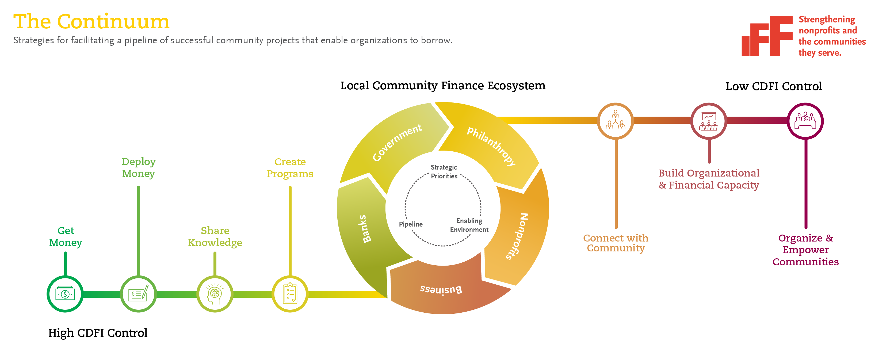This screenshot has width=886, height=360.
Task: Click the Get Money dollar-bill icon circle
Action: pos(65,294)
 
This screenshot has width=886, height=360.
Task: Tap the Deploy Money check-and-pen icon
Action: pos(138,294)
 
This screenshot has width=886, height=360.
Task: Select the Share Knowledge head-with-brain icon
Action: pos(215,294)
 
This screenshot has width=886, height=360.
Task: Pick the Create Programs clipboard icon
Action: pos(290,294)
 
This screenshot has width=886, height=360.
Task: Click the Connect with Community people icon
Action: pos(615,121)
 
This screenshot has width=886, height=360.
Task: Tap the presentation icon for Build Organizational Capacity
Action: pos(709,121)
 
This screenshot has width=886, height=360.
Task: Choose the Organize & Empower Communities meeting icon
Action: pos(805,121)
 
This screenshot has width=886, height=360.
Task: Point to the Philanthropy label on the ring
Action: pos(491,146)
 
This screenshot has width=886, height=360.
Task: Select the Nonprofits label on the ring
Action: pos(517,236)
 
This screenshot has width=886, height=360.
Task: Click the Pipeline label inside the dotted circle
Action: pos(411,224)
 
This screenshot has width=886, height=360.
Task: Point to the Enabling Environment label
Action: pos(469,225)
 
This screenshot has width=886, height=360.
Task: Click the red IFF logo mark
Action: pos(767,36)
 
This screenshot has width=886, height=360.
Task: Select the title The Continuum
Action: pos(91,21)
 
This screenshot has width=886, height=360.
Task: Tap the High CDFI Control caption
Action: pos(98,333)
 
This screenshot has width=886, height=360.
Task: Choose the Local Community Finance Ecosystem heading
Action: pos(443,85)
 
